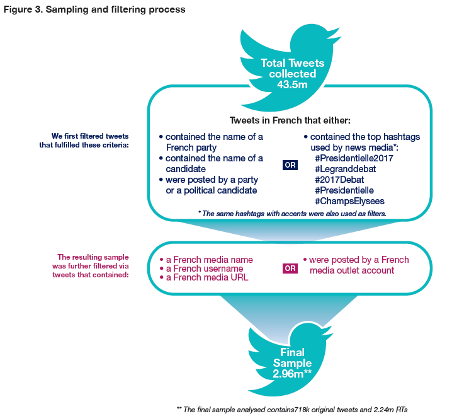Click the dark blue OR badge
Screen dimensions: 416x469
tap(290, 165)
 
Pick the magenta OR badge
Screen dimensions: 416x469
tap(290, 268)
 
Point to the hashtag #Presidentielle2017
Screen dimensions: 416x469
tap(353, 158)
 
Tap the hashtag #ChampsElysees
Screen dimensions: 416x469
tap(349, 201)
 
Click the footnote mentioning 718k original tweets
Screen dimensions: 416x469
tap(296, 409)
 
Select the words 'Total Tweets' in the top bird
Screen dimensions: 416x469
tap(293, 63)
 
